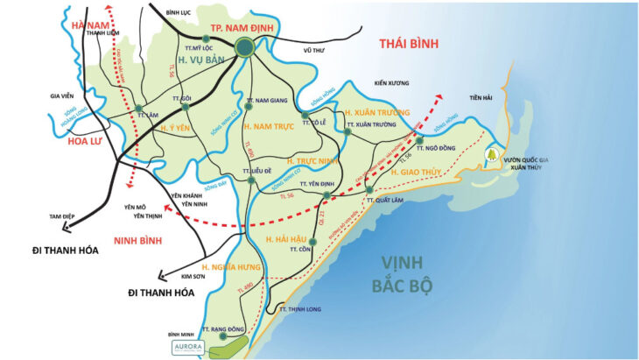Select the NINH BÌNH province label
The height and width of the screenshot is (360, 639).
[141, 237]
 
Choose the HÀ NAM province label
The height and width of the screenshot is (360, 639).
[90, 25]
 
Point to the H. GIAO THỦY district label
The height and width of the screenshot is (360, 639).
[417, 173]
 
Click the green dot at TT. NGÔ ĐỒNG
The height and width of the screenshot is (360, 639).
[420, 140]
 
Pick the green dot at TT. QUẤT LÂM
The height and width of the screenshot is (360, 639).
[369, 190]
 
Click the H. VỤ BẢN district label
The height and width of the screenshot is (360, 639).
[199, 59]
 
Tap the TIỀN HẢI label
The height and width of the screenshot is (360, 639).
[481, 97]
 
